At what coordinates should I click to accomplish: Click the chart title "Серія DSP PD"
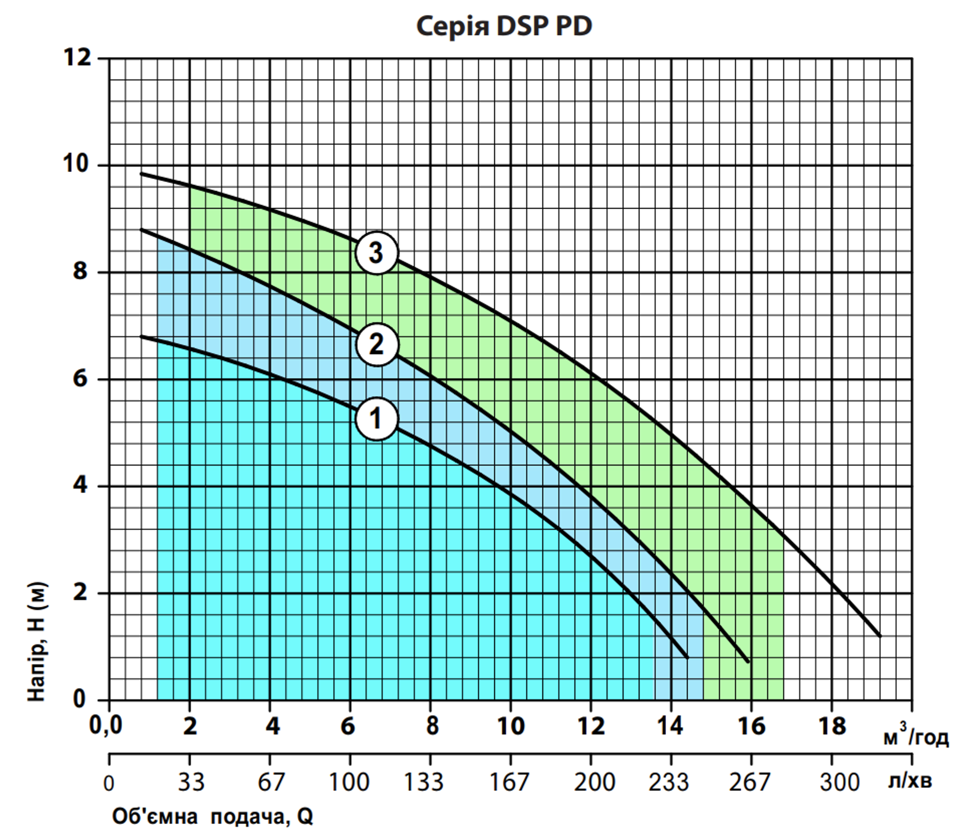pyautogui.click(x=504, y=26)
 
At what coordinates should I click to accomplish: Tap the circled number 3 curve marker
pyautogui.click(x=376, y=252)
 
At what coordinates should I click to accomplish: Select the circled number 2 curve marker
pyautogui.click(x=376, y=344)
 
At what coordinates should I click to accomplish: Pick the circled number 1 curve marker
pyautogui.click(x=376, y=419)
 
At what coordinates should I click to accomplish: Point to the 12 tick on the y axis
pyautogui.click(x=78, y=58)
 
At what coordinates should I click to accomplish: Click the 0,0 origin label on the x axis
pyautogui.click(x=105, y=725)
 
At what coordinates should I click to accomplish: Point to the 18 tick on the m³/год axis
pyautogui.click(x=832, y=726)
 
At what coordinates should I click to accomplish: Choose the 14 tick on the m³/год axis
pyautogui.click(x=670, y=726)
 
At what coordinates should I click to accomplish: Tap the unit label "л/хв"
pyautogui.click(x=909, y=781)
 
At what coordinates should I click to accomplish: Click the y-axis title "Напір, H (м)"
pyautogui.click(x=38, y=641)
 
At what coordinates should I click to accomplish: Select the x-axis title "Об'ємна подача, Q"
pyautogui.click(x=212, y=817)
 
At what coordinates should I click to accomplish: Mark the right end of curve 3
pyautogui.click(x=880, y=636)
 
